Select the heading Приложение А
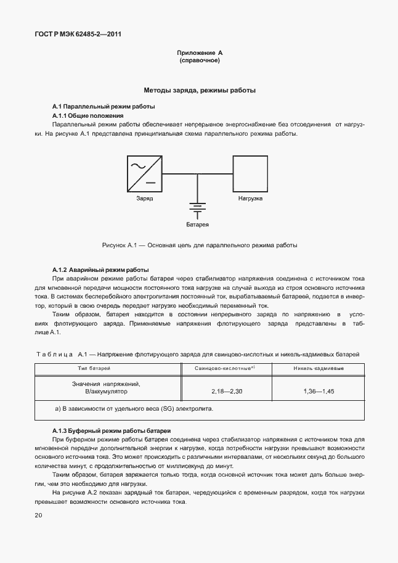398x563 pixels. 199,53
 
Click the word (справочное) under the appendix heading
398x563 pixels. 199,61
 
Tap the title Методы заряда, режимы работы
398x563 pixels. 199,90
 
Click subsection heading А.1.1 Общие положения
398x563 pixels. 88,115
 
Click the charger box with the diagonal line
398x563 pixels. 145,173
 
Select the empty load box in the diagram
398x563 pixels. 250,173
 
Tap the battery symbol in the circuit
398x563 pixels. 197,210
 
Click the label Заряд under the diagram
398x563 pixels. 145,199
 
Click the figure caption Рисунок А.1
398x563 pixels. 199,245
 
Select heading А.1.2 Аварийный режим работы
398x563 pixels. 100,270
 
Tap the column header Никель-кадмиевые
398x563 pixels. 319,368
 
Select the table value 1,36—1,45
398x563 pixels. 319,391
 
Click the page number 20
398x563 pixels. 38,514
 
